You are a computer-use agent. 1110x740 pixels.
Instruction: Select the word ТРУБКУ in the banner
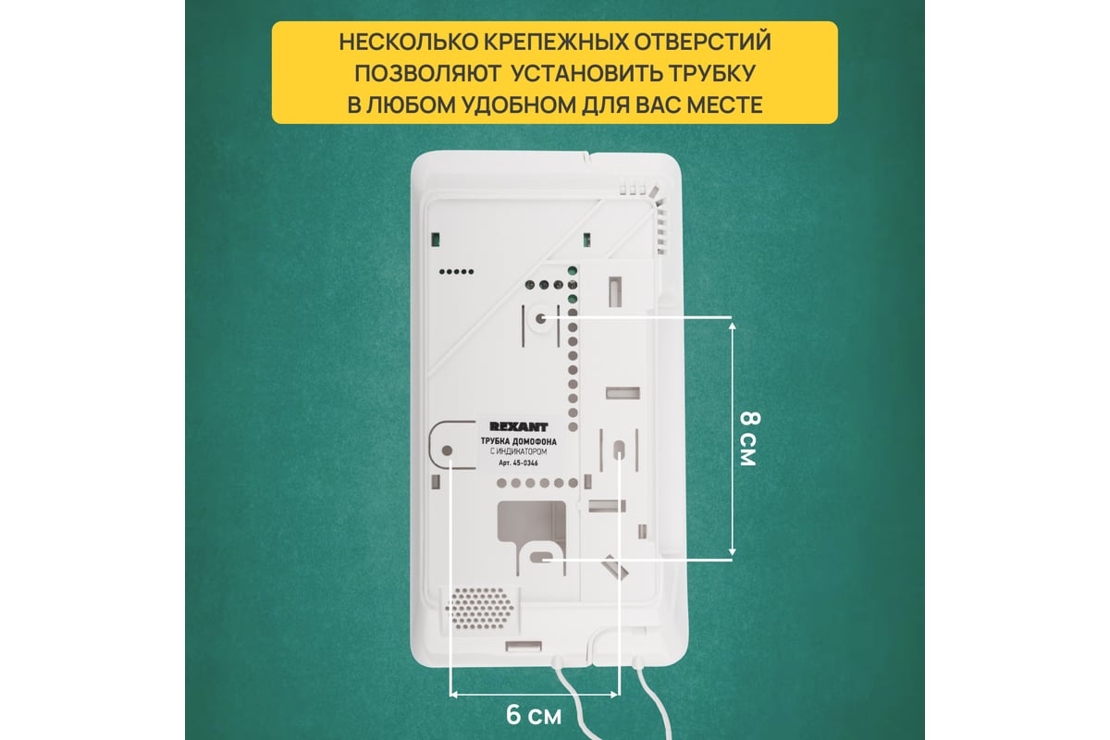click(x=709, y=74)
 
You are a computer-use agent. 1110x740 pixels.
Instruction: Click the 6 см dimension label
click(x=534, y=716)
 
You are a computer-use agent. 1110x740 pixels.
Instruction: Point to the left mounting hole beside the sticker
click(x=448, y=452)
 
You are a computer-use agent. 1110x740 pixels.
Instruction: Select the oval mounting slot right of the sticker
click(x=618, y=450)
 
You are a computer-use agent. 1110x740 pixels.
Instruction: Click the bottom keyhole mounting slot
click(x=544, y=561)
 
